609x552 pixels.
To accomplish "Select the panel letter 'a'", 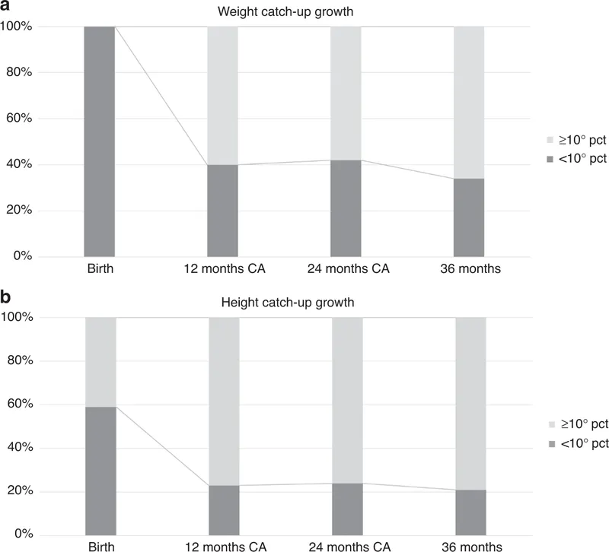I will click(6, 7).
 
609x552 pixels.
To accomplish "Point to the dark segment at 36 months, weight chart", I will click(469, 217).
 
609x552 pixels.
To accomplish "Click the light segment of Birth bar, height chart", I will click(100, 362).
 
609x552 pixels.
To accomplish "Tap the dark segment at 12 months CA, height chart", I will click(223, 510).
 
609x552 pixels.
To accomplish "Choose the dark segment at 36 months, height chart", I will click(469, 512).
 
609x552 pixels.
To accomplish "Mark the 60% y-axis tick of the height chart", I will click(19, 404).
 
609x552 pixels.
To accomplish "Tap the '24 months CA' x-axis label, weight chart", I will click(346, 269).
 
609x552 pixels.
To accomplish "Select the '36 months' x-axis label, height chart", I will click(469, 546).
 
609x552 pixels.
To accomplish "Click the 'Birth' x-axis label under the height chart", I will click(100, 546).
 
